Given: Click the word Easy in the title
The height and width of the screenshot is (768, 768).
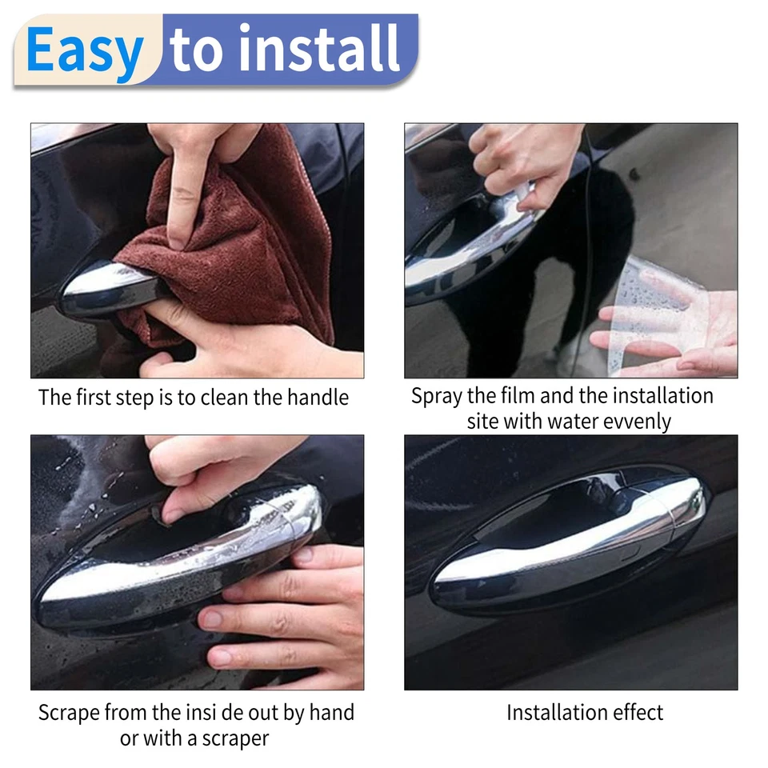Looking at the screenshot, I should [x=85, y=51].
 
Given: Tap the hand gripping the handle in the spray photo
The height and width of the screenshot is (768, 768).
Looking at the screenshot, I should [x=528, y=160].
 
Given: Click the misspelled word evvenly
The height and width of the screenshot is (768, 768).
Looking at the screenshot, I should [x=631, y=421].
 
